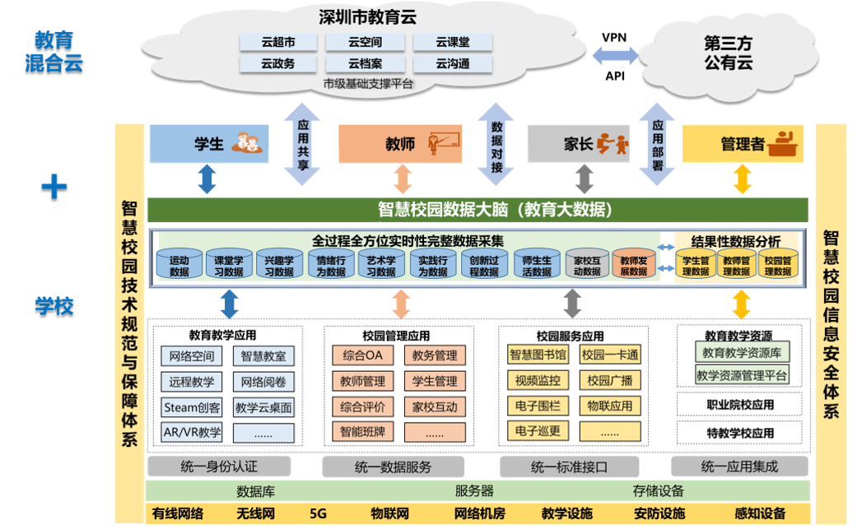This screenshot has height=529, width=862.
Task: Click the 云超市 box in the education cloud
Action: pos(278,42)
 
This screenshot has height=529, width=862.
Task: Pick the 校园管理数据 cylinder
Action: pos(778,266)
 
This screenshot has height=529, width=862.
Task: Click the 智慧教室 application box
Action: pos(263,356)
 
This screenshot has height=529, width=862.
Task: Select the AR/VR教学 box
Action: pos(192,432)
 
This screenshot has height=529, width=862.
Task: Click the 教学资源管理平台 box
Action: pos(742,375)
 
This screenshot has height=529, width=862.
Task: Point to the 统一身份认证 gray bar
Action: pos(219,467)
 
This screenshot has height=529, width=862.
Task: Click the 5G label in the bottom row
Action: pos(318,514)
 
